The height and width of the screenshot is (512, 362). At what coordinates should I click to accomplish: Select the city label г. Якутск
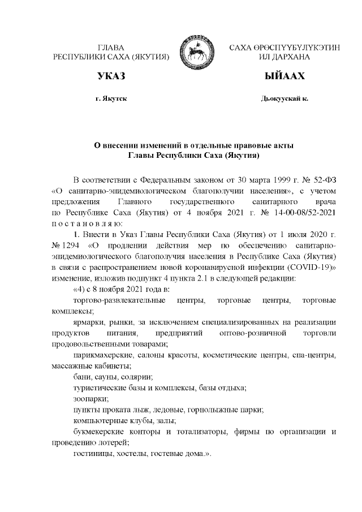(x=111, y=99)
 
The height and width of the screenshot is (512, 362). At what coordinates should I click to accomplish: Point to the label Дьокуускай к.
(x=285, y=99)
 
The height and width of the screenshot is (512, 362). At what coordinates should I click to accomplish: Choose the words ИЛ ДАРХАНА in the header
(x=285, y=57)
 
